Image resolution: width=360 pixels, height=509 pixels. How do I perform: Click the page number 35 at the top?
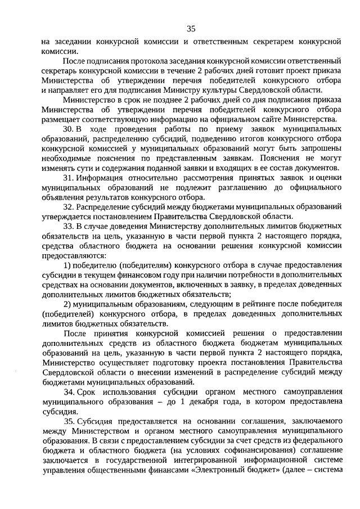pyautogui.click(x=191, y=29)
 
